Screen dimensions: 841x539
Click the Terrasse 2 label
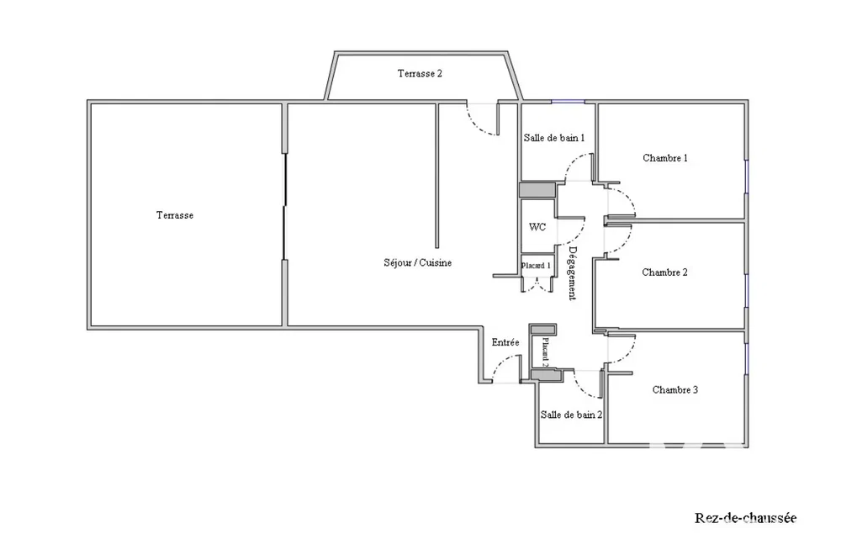[420, 73]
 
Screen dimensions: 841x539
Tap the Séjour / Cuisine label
[417, 263]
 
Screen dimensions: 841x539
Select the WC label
[537, 227]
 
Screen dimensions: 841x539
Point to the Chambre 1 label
[665, 158]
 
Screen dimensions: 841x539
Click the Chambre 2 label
[664, 272]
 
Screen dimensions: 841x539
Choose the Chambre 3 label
[675, 390]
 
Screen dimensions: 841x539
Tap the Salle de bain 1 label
[554, 138]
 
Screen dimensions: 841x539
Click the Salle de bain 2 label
[571, 415]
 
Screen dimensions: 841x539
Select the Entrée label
[505, 342]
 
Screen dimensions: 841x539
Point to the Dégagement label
[573, 273]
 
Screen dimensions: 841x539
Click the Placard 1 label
[536, 266]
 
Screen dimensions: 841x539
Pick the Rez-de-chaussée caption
[745, 518]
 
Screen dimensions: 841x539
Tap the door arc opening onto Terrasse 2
[478, 125]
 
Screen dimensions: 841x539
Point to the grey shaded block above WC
[537, 190]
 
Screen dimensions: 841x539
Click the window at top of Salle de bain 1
[568, 102]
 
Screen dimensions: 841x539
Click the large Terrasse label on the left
[175, 215]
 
